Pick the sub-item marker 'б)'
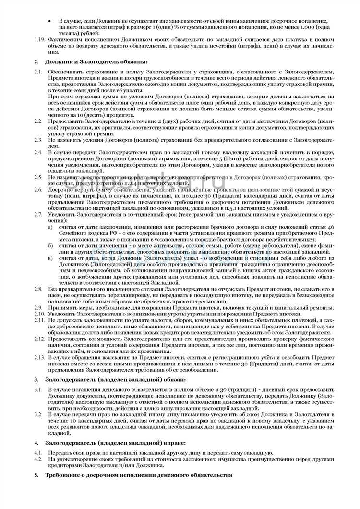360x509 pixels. pyautogui.click(x=50, y=245)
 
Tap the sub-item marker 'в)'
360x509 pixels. pyautogui.click(x=50, y=258)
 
